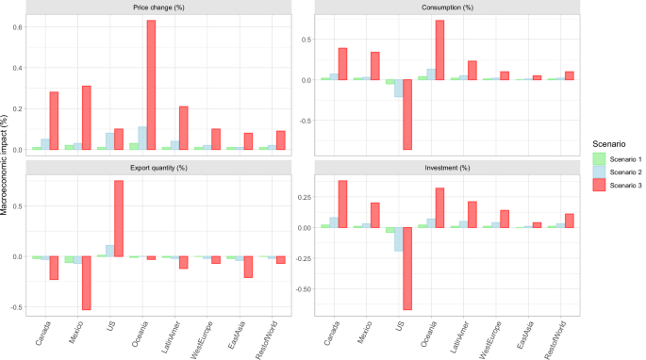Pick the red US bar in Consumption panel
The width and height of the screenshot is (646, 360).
(x=407, y=114)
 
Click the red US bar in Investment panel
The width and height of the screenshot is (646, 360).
(x=407, y=269)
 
